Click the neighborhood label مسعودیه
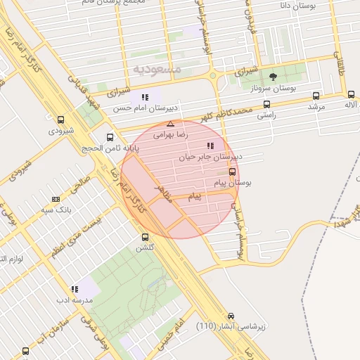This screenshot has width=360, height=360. tap(156, 69)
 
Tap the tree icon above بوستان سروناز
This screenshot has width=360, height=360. tap(273, 76)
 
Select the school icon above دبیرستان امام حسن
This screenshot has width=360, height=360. tap(144, 97)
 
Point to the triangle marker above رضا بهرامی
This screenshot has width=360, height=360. tap(170, 123)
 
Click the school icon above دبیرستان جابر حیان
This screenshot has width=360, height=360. tap(210, 146)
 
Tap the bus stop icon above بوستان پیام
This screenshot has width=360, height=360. tap(233, 172)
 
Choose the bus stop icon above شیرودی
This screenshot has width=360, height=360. tap(60, 120)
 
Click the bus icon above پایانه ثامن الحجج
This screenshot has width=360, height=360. tap(109, 137)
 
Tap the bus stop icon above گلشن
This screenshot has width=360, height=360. tap(146, 237)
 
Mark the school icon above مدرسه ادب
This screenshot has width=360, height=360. tap(74, 288)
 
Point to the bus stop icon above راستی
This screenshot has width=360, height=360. tap(266, 104)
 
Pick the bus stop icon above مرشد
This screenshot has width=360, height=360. tap(315, 95)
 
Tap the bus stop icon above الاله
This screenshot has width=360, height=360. tap(351, 94)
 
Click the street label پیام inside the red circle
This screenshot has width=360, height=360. tap(195, 198)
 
